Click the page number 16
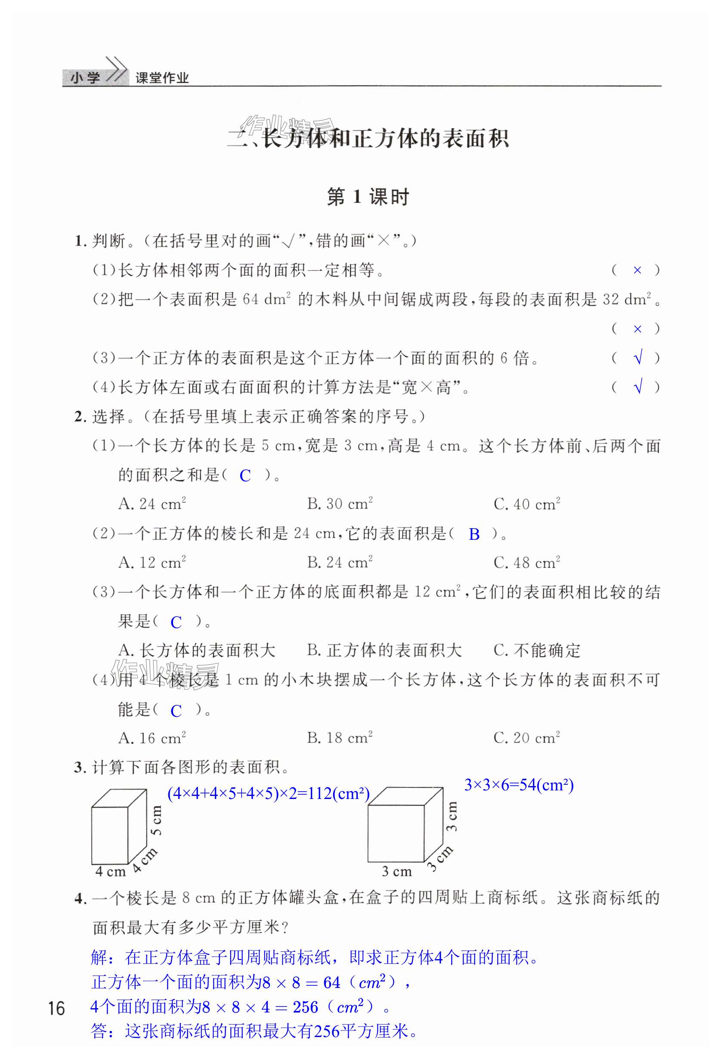pos(56,1009)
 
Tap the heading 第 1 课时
pos(368,197)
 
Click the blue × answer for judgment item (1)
pos(637,270)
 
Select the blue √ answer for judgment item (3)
pos(638,358)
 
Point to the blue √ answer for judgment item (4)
pos(638,387)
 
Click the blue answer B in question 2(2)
pos(474,534)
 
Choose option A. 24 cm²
pos(152,504)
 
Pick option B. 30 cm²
pos(340,504)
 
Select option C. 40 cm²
pos(526,504)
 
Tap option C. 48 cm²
pos(526,562)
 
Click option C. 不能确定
pos(537,650)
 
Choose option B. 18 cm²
pos(340,738)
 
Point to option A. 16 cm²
pos(152,738)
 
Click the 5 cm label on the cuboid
pos(156,820)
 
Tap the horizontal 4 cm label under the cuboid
pos(110,872)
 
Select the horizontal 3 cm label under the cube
pos(396,872)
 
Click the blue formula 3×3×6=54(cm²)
pos(519,785)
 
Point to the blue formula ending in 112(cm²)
pos(269,794)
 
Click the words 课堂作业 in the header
pos(162,78)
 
